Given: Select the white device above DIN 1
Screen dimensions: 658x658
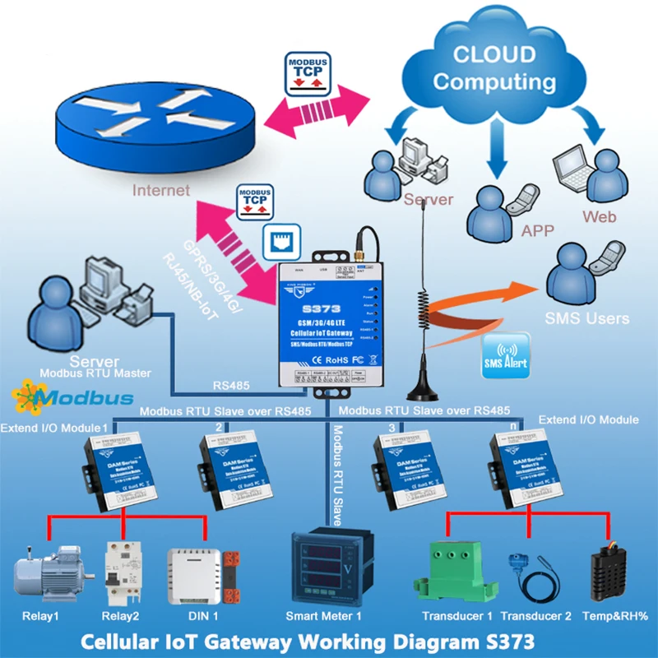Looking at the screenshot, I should tap(194, 573).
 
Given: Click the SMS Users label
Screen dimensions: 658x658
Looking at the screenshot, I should tap(587, 318).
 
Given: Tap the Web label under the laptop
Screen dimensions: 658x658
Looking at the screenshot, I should tap(600, 217).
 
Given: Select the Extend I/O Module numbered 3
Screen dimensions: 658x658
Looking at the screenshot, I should tap(403, 464).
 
